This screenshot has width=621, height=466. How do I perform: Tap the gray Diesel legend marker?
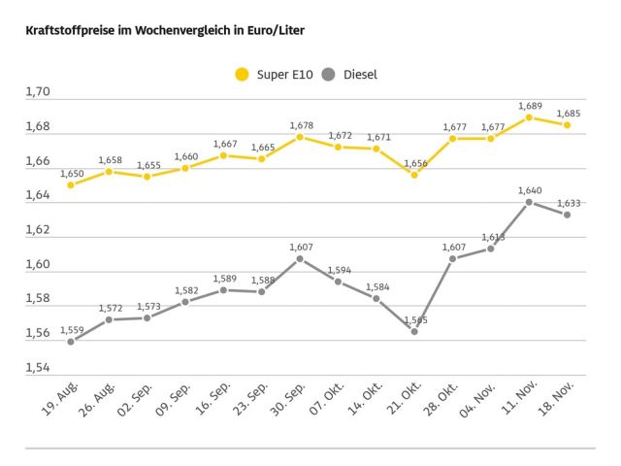(329, 74)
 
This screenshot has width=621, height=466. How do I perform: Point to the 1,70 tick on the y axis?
(38, 92)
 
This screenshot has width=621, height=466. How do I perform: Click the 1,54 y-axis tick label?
(38, 367)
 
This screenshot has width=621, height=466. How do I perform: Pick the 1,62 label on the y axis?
(38, 230)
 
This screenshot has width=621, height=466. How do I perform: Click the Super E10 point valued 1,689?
(529, 117)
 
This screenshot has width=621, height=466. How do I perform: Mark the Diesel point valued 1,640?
(529, 202)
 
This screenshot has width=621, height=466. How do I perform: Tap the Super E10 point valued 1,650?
(71, 184)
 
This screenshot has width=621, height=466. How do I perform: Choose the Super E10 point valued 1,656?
(414, 175)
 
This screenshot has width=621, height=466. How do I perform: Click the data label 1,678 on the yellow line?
(300, 125)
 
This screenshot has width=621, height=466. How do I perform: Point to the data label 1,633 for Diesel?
(569, 203)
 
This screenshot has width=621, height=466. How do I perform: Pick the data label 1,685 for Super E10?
(569, 113)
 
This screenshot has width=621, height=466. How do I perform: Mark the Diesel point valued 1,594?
(338, 282)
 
